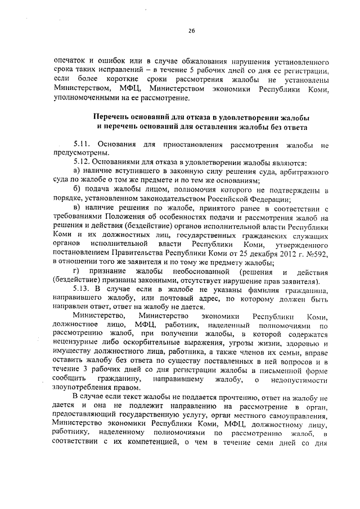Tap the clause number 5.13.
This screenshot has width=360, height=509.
pos(83,289)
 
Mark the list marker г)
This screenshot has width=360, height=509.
pos(78,272)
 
